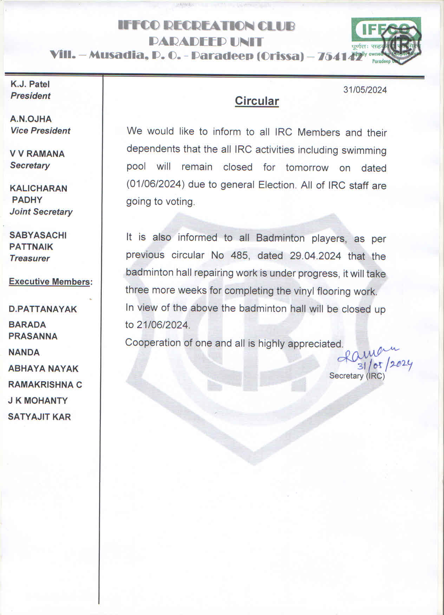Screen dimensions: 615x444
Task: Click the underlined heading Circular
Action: click(257, 101)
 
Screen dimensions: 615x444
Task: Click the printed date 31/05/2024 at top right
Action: click(365, 90)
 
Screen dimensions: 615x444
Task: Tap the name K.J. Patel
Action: click(30, 84)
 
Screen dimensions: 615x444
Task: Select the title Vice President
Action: click(40, 131)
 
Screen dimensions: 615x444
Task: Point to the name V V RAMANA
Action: click(37, 154)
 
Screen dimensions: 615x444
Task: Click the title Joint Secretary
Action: click(41, 212)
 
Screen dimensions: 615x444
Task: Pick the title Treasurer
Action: click(30, 258)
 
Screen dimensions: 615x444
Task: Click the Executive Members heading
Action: click(51, 282)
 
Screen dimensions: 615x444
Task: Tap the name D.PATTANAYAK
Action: click(43, 309)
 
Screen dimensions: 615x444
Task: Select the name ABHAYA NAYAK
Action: click(43, 369)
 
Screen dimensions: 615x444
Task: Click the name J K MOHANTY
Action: click(38, 401)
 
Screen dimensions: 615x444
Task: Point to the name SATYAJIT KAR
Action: click(39, 417)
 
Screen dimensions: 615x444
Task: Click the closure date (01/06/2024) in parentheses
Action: click(156, 185)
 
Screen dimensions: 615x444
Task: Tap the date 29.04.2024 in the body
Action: click(315, 256)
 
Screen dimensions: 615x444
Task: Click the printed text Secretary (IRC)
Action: click(357, 376)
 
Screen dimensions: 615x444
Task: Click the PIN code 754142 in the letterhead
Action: click(339, 57)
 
